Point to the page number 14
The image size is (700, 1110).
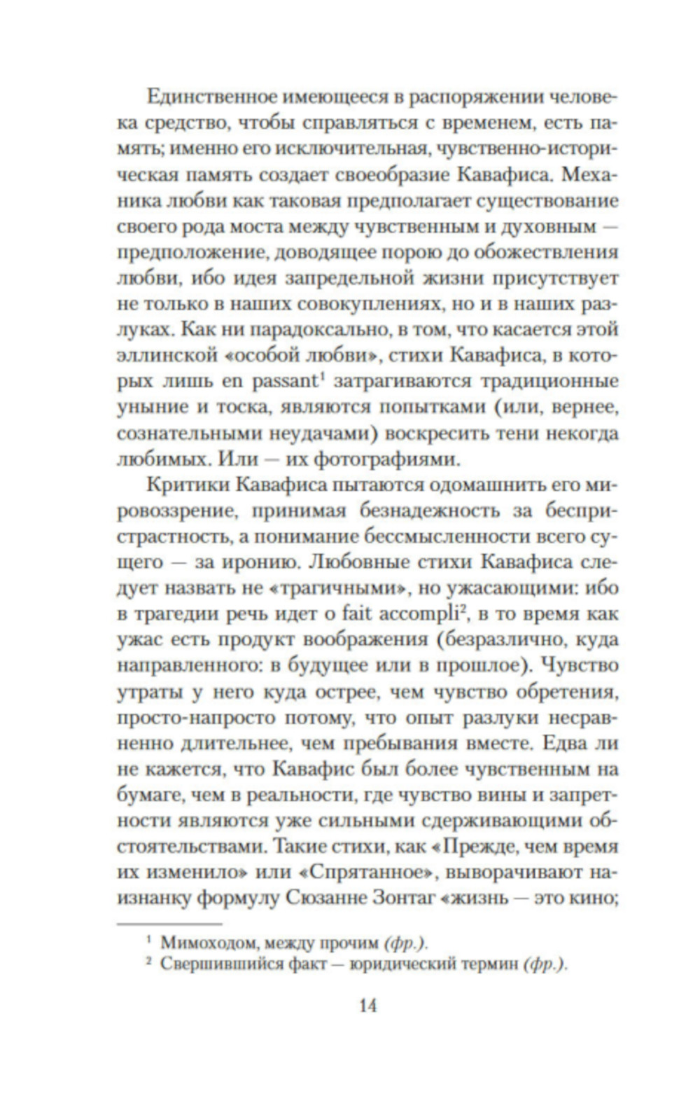pos(367,1006)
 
